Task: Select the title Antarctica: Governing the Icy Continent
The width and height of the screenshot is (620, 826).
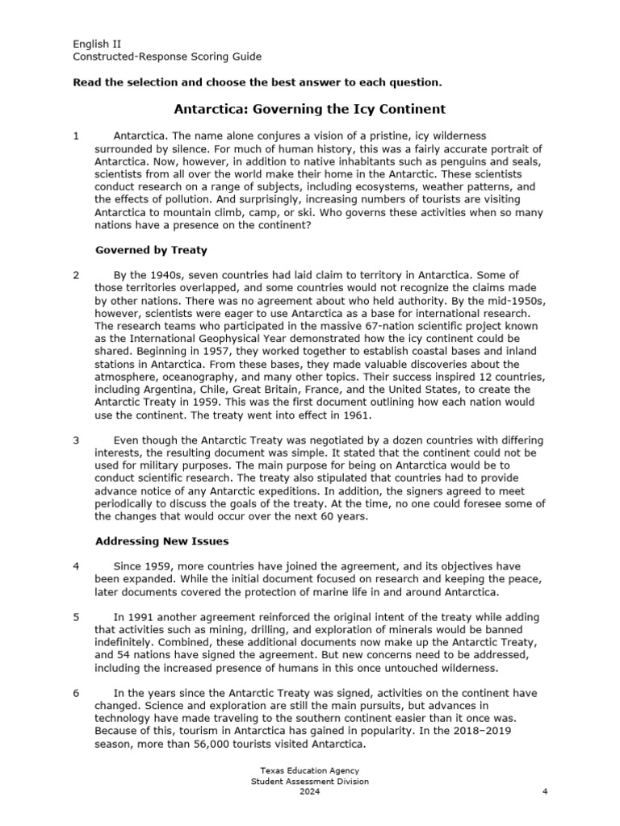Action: (310, 108)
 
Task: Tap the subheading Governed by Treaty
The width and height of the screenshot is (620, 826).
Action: (151, 250)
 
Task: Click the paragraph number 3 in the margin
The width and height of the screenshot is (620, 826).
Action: (76, 440)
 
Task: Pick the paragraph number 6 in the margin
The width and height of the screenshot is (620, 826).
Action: (76, 693)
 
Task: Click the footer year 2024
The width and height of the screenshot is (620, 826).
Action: (310, 791)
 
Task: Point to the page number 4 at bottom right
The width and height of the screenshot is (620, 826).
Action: (546, 791)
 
